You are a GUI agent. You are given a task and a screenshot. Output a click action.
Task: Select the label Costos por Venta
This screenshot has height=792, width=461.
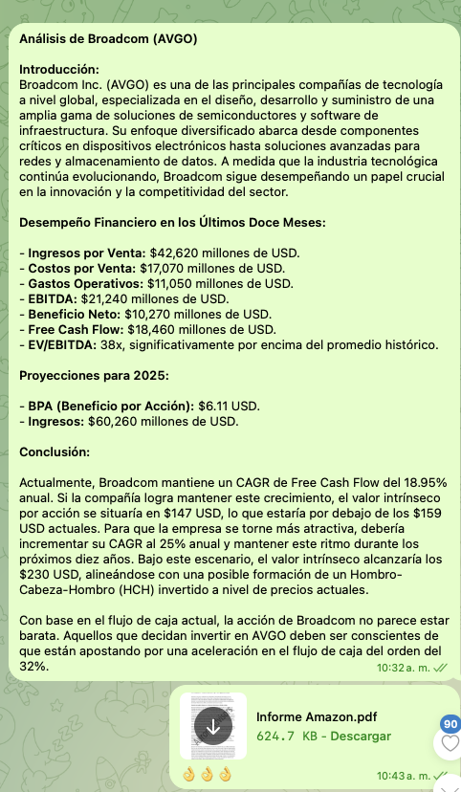78,269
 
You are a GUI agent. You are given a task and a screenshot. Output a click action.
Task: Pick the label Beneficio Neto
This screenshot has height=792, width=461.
71,315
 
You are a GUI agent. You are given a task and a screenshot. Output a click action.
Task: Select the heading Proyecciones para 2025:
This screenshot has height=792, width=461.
95,376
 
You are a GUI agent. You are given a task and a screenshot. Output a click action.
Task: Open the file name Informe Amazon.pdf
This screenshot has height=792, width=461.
317,717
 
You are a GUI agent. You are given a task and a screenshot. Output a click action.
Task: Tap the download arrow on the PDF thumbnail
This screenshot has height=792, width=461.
213,727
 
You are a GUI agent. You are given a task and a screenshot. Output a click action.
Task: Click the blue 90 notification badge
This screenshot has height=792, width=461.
450,725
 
